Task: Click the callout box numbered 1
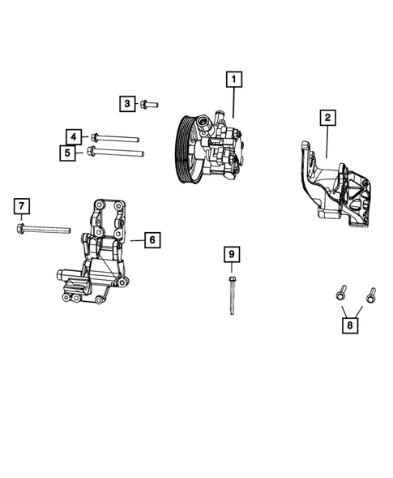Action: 233,80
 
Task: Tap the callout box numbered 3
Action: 127,103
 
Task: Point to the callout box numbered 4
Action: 73,136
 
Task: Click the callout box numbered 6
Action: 152,239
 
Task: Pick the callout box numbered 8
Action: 350,325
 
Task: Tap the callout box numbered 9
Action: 232,255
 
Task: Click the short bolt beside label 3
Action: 149,104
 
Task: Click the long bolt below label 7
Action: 49,230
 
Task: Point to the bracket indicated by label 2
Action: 336,191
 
